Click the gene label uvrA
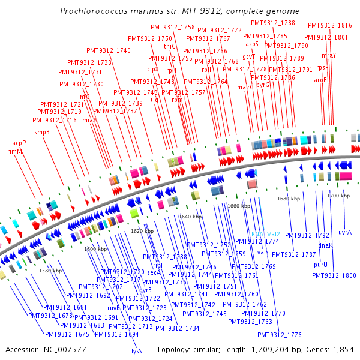point(345,232)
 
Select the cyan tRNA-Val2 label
point(265,234)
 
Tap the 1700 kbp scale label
point(338,196)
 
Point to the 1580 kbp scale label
point(50,271)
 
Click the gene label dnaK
point(325,246)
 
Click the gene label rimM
point(14,152)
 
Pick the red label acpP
point(19,143)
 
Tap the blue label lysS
point(136,351)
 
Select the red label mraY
point(329,55)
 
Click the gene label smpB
point(41,132)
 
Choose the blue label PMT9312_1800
point(334,275)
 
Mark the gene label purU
point(320,264)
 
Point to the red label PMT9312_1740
point(108,50)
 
